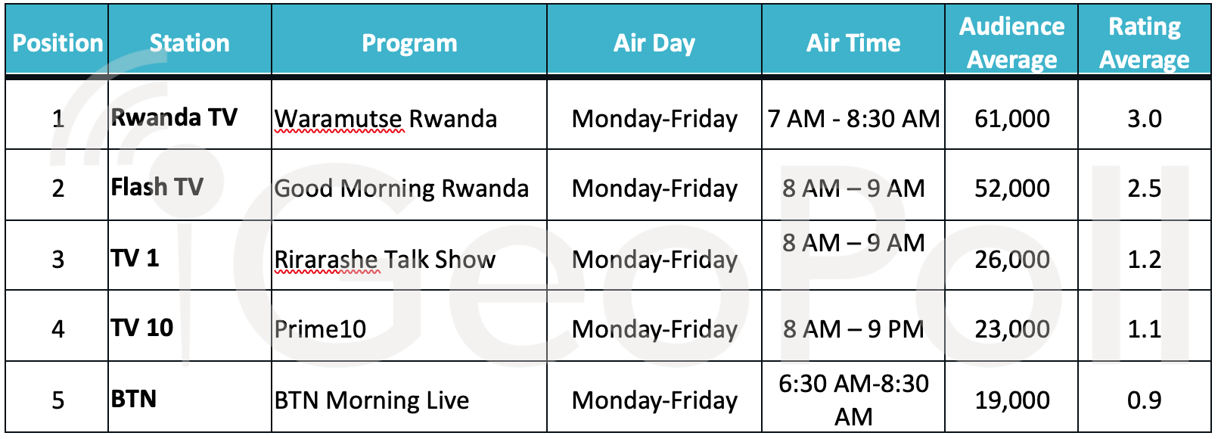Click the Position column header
coord(57,43)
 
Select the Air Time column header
coord(853,43)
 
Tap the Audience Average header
coord(1011,43)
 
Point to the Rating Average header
coord(1144,43)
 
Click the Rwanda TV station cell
coord(174,117)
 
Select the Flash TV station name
coord(157,187)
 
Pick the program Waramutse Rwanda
coord(386,119)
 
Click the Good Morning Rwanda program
coord(401,188)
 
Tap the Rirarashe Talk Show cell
coord(385,260)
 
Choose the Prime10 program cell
coord(320,329)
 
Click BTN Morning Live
coord(371,400)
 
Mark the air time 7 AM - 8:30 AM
coord(853,119)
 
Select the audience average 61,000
coord(1012,119)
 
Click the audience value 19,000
coord(1012,400)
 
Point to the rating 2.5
coord(1144,188)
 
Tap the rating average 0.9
coord(1144,400)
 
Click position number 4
coord(57,329)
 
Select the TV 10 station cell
coord(142,328)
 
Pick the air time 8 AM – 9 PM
coord(853,329)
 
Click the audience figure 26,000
coord(1012,260)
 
